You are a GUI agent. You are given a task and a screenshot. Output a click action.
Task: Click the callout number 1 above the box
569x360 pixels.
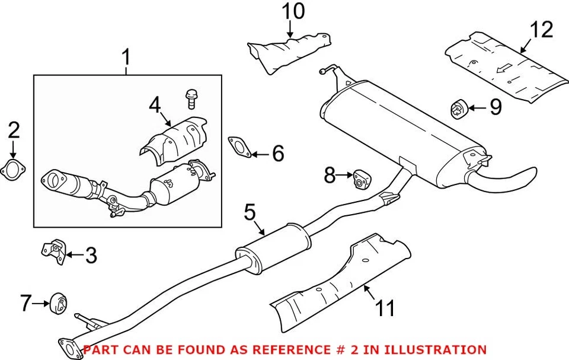[x=126, y=58]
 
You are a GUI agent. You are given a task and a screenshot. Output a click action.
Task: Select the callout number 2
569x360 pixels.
[x=14, y=129]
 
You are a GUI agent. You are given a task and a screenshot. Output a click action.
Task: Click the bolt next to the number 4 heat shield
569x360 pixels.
[x=191, y=98]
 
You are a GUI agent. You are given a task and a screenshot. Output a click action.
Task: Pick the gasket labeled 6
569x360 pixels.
[x=238, y=146]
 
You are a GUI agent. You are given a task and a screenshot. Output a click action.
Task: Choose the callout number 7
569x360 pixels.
[x=24, y=304]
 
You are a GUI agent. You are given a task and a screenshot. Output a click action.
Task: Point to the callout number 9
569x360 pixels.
[x=495, y=107]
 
